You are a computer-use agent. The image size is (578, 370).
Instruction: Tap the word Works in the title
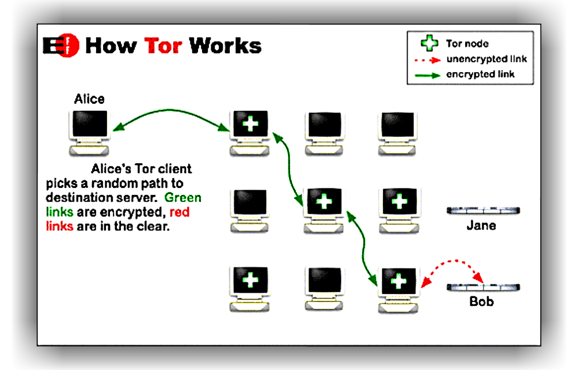pyautogui.click(x=225, y=45)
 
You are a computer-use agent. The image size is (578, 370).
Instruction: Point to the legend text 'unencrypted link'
pyautogui.click(x=486, y=59)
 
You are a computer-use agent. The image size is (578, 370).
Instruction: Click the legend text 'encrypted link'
pyautogui.click(x=480, y=74)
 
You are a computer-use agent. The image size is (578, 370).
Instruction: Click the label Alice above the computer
pyautogui.click(x=89, y=99)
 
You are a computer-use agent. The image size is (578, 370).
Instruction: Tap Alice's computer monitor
pyautogui.click(x=89, y=126)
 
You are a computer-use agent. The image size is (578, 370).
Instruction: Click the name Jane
pyautogui.click(x=481, y=225)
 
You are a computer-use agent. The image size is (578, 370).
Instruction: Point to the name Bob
pyautogui.click(x=481, y=301)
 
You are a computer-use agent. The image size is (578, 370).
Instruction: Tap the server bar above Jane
pyautogui.click(x=484, y=210)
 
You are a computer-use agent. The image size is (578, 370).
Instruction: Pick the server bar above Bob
pyautogui.click(x=484, y=286)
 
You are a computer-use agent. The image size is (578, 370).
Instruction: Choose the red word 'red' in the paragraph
pyautogui.click(x=179, y=213)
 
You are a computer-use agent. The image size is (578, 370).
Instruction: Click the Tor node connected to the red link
pyautogui.click(x=398, y=282)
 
